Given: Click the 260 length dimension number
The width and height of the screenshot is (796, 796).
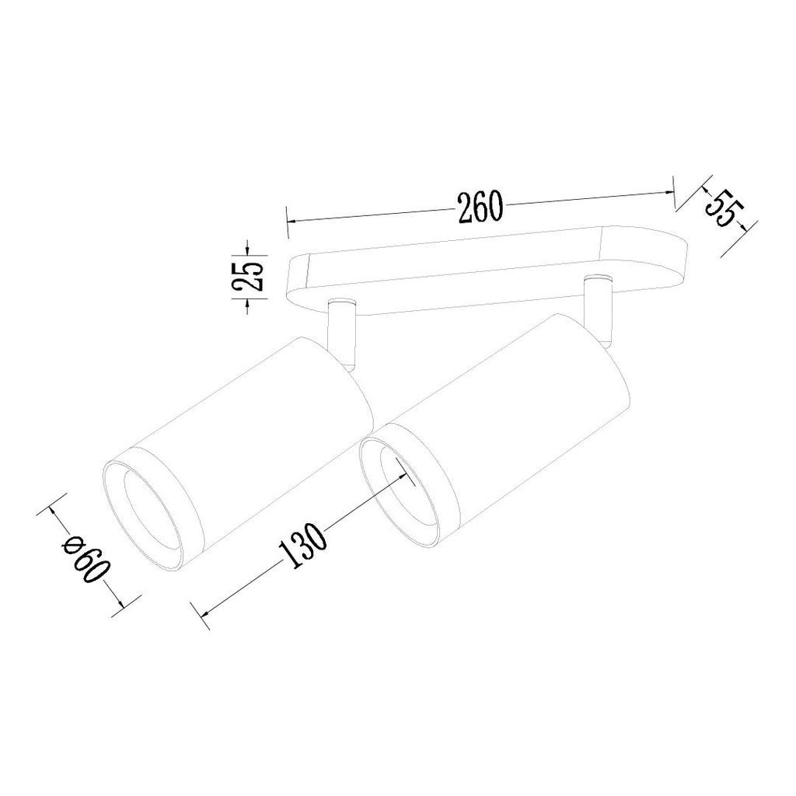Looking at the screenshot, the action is [x=480, y=207].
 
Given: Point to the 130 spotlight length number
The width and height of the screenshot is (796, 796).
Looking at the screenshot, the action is [x=302, y=544].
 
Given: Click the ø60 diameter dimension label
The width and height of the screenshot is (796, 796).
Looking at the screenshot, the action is [x=86, y=564].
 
